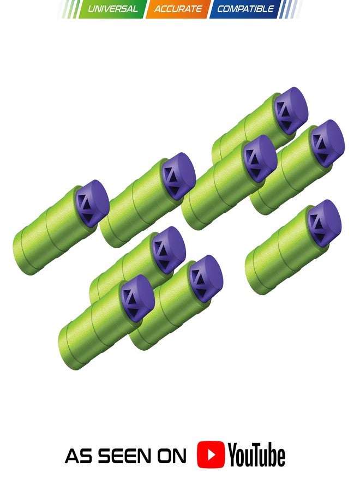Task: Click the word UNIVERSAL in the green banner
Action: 113,9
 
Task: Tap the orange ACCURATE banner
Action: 177,9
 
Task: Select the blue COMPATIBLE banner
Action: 245,9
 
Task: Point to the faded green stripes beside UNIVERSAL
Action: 69,9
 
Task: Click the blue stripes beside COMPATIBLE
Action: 290,9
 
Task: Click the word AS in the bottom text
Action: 78,456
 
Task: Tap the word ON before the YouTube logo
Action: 172,456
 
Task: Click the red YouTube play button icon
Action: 211,454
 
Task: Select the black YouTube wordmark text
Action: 256,454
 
